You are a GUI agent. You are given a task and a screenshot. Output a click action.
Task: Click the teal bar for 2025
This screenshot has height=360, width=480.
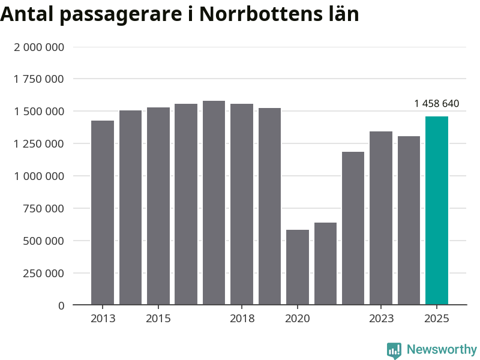(x=436, y=211)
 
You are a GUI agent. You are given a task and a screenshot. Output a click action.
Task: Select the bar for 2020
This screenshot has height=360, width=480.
(x=298, y=267)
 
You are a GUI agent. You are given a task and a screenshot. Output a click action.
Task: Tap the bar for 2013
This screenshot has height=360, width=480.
(x=103, y=212)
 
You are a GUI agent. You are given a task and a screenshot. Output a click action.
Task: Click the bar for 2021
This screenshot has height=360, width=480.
(x=325, y=263)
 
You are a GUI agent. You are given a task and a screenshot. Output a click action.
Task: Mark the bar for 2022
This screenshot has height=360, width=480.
(x=353, y=228)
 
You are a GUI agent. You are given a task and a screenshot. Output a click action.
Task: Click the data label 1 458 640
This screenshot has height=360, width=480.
(x=436, y=104)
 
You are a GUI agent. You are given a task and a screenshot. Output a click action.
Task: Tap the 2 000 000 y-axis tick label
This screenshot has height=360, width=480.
(x=39, y=47)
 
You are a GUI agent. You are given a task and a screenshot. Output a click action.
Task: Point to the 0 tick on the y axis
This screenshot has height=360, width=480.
(x=61, y=305)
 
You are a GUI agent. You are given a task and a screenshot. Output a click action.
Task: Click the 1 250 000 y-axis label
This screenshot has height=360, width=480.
(x=39, y=143)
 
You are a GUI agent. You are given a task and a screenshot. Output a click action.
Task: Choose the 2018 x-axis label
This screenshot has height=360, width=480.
(x=242, y=319)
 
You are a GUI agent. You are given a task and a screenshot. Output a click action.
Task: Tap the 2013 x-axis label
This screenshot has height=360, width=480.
(x=103, y=319)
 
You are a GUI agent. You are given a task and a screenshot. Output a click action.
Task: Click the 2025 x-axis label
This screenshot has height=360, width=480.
(x=436, y=319)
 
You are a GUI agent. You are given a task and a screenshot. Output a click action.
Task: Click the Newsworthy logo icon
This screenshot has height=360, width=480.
(x=394, y=350)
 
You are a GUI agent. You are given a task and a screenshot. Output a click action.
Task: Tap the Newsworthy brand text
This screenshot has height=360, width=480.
(x=442, y=349)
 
